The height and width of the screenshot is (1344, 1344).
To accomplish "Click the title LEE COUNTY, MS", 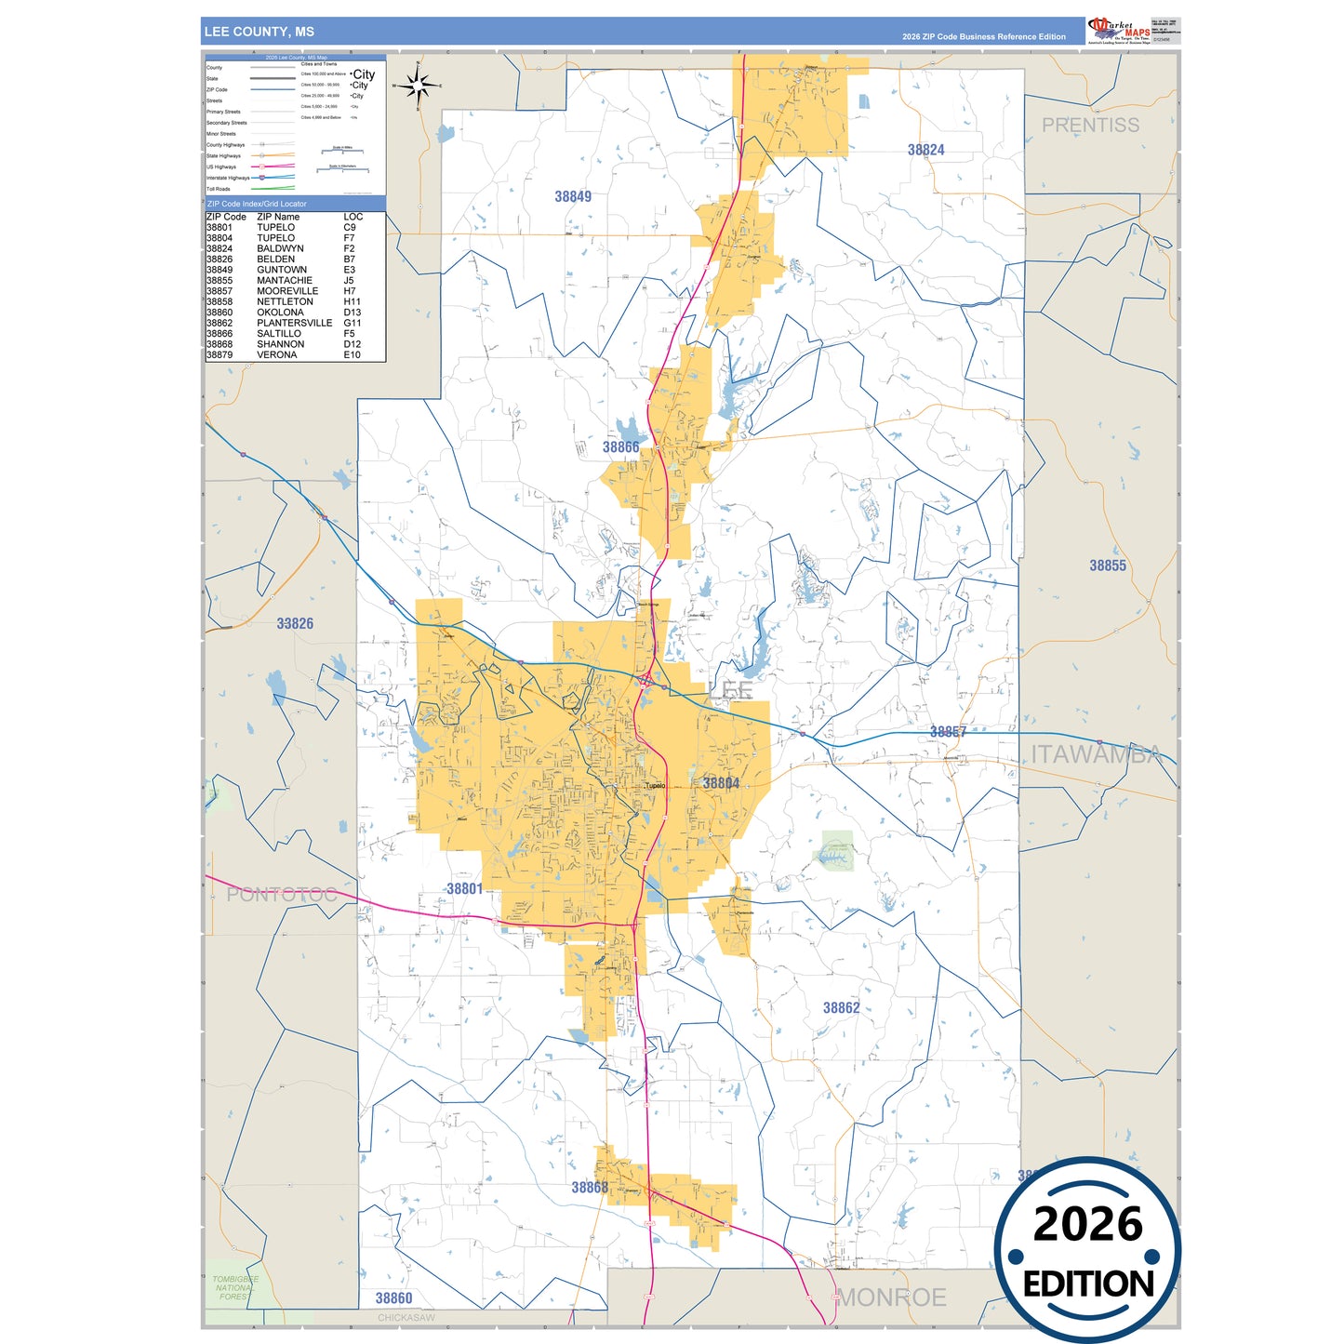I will click(x=259, y=32).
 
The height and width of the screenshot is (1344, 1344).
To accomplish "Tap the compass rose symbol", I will click(x=418, y=86).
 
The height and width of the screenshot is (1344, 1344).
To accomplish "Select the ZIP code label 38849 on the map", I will click(x=573, y=196).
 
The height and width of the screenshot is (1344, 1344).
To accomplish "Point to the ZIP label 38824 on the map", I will click(x=925, y=150).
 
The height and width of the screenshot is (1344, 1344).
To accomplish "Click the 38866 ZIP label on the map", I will click(x=620, y=447).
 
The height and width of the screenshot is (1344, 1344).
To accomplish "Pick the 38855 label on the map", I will click(x=1107, y=566).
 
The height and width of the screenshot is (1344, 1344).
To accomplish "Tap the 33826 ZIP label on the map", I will click(x=295, y=623).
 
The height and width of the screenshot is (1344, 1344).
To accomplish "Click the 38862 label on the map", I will click(x=841, y=1007).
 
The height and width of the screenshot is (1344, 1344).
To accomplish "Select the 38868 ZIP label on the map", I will click(x=590, y=1187).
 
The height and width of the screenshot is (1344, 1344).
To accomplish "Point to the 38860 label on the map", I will click(x=393, y=1297).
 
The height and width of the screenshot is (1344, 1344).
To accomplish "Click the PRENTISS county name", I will click(x=1089, y=125).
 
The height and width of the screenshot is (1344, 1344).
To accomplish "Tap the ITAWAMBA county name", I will click(x=1096, y=754).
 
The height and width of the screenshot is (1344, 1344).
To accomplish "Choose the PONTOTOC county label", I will click(x=281, y=895).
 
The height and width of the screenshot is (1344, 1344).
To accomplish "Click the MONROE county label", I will click(x=891, y=1297).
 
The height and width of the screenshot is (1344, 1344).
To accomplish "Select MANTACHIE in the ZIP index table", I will click(x=285, y=280).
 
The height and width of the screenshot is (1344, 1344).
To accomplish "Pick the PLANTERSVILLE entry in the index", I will click(x=294, y=323).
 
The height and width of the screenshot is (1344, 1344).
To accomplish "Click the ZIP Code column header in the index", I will click(x=226, y=217).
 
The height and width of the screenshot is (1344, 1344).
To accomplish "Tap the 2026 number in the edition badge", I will click(x=1087, y=1224).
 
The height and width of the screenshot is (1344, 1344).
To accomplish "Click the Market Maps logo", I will click(x=1119, y=31).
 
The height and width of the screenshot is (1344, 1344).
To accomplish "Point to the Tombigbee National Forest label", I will click(x=234, y=1287).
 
